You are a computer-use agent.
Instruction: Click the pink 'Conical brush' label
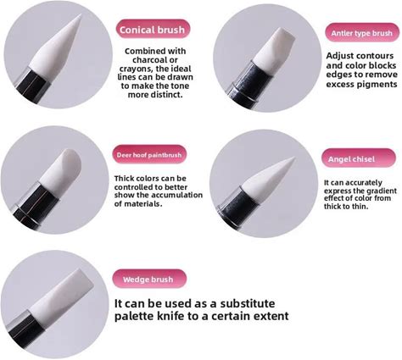point(153,30)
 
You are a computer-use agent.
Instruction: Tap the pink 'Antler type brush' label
point(362,33)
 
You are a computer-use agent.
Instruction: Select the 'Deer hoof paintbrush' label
point(149,155)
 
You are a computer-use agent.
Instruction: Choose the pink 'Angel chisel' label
point(359,158)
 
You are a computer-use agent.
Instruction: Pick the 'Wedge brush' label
point(149,279)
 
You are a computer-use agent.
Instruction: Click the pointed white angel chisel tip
point(270,180)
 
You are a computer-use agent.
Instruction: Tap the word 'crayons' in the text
point(135,69)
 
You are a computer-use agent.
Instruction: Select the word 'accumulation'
point(176,195)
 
